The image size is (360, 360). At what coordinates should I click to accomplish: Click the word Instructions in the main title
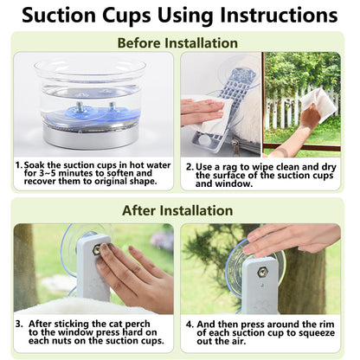tap(279, 15)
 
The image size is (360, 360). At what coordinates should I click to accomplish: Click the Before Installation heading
tap(177, 43)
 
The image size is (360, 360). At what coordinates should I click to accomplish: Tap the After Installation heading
tap(177, 210)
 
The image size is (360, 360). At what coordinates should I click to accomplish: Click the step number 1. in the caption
tap(19, 165)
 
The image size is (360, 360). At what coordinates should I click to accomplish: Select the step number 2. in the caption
tap(190, 167)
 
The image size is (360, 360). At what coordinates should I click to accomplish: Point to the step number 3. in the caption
tap(19, 324)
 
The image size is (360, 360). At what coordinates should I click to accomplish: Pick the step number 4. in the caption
tap(190, 325)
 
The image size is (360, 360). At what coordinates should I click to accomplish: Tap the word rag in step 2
tap(229, 168)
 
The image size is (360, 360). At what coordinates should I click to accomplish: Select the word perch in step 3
tap(138, 325)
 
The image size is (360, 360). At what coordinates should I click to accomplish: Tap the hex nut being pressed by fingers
tap(97, 250)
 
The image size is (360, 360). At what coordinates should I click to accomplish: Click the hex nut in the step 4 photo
tap(262, 272)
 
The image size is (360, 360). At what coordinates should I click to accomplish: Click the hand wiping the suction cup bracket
tap(202, 112)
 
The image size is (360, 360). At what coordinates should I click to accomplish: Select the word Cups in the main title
tap(126, 16)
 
